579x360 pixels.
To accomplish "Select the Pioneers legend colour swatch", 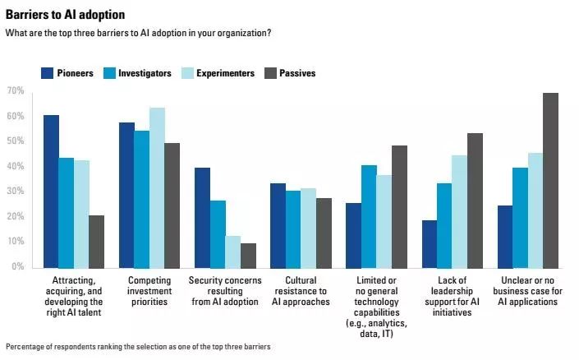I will tap(47, 73).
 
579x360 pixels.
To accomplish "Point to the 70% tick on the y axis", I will tap(15, 90).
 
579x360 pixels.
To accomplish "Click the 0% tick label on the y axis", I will tap(16, 267).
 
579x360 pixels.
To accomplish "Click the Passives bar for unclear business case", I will tap(550, 180).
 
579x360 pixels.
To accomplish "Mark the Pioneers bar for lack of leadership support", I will tap(429, 243).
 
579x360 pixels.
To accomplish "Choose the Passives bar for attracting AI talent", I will tap(96, 241).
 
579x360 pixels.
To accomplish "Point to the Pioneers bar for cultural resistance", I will tap(278, 225).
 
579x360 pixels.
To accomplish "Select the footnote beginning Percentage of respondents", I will tap(138, 347).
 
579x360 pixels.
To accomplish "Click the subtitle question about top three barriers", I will tap(138, 33).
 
